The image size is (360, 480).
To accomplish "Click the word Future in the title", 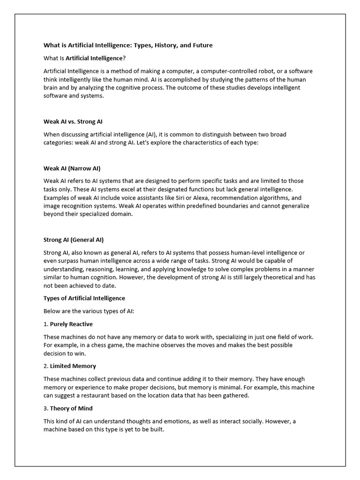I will [201, 45].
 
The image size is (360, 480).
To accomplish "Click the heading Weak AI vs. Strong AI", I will [73, 121].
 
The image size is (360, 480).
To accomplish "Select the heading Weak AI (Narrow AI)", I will [72, 168].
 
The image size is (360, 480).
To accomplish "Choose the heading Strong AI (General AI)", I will [73, 239].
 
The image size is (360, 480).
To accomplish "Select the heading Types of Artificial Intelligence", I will [84, 298].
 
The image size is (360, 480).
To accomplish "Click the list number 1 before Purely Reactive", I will [45, 324].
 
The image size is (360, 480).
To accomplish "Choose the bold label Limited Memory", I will [73, 366].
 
